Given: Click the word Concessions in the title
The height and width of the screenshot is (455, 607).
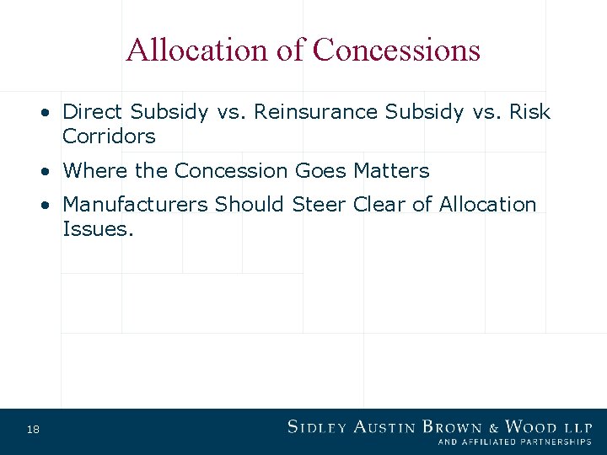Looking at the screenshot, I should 396,51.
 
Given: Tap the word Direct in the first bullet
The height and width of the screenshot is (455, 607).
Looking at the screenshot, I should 94,112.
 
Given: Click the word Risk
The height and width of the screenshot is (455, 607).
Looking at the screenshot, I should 529,112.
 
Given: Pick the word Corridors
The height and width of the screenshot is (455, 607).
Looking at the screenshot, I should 109,136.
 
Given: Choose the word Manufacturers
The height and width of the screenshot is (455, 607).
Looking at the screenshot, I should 136,205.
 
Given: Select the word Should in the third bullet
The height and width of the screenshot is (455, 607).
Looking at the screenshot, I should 250,205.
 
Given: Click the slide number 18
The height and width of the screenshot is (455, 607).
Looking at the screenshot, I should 33,431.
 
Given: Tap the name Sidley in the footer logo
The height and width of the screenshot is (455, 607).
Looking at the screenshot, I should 318,426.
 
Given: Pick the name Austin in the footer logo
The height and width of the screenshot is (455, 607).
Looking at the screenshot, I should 384,426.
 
